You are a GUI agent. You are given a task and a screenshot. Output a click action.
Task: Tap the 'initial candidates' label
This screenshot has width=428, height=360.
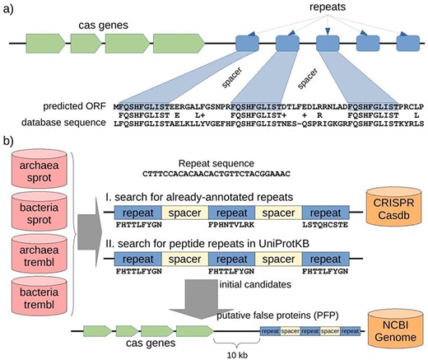click(244, 284)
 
